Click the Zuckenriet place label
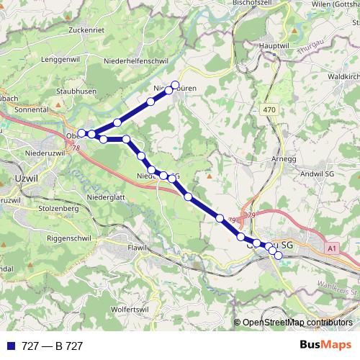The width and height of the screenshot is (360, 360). [89, 30]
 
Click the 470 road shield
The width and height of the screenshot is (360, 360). [269, 109]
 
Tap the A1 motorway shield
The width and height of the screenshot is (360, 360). [332, 248]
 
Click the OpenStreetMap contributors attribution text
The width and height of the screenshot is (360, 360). [297, 323]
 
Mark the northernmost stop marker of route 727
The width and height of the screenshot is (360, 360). [175, 85]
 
